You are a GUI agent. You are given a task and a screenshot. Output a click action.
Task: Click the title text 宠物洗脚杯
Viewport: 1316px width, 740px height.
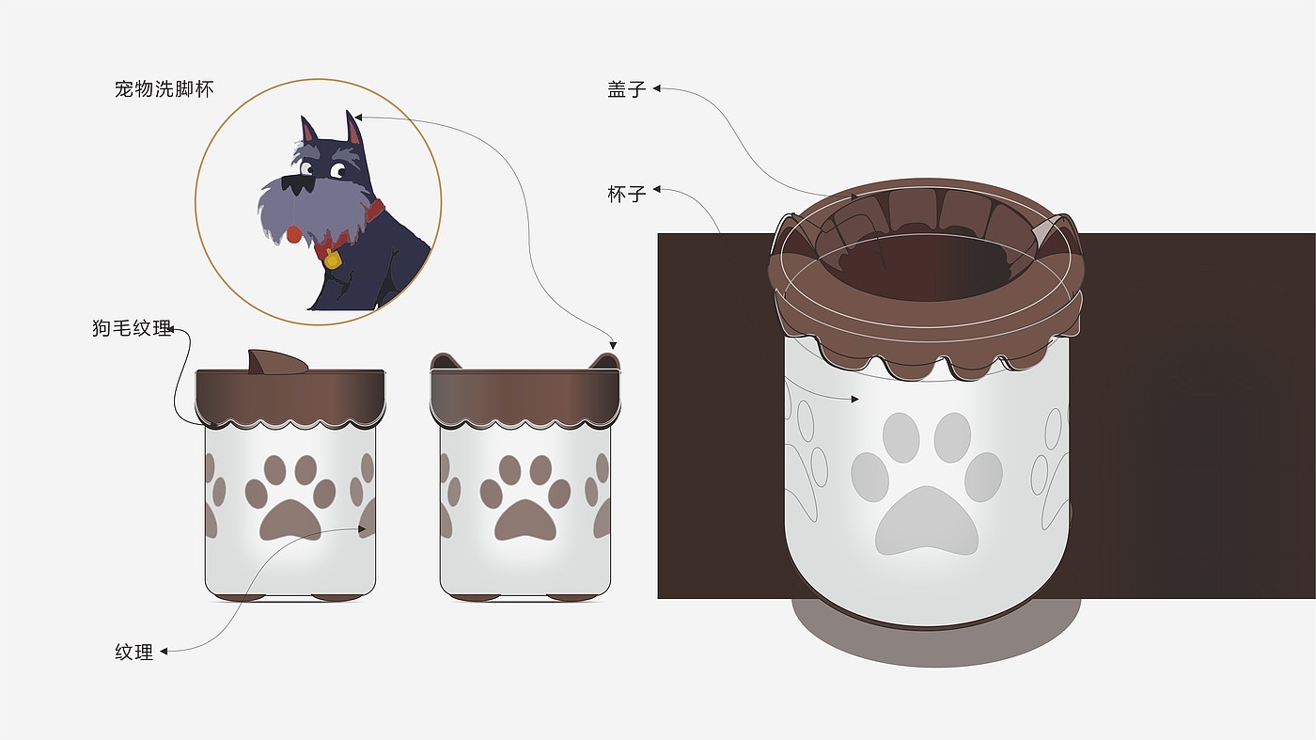[x=164, y=89]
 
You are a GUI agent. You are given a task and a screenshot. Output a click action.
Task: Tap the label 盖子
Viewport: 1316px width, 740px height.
[x=626, y=89]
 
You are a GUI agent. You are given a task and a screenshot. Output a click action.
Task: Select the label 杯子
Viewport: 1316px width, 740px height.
[x=626, y=194]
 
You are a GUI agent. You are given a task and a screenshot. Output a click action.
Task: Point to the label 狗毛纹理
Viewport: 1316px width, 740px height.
[x=132, y=328]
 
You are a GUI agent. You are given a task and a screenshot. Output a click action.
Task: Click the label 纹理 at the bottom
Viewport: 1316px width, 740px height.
[x=133, y=652]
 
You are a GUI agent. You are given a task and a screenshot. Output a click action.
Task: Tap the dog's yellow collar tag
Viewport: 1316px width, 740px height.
[x=332, y=259]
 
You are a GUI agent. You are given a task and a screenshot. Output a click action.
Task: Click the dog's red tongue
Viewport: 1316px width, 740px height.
[x=294, y=234]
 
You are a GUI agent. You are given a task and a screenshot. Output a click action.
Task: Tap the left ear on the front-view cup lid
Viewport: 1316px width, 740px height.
[x=444, y=361]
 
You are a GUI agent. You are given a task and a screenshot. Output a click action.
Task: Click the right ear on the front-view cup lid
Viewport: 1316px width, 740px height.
[x=605, y=361]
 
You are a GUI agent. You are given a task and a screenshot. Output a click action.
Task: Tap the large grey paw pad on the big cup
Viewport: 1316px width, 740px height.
[x=927, y=521]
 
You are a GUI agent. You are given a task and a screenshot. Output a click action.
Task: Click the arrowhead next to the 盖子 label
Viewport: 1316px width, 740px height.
[x=657, y=88]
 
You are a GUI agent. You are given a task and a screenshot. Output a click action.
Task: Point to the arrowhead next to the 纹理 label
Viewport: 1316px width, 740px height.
[x=164, y=651]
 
